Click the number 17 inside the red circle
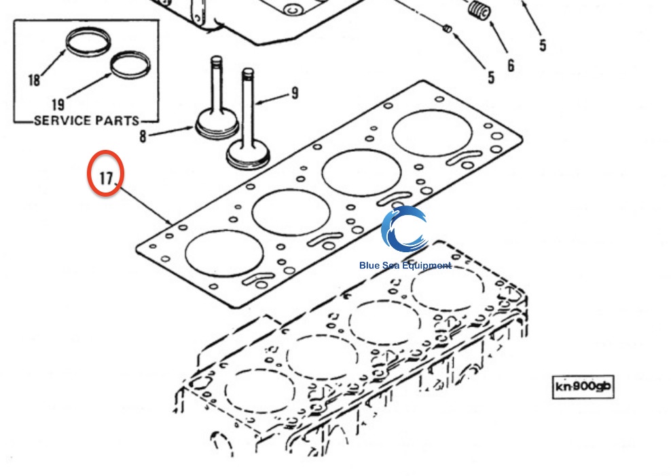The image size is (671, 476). (106, 178)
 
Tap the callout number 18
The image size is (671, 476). (34, 80)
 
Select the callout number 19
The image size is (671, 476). (58, 104)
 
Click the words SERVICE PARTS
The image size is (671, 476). (86, 121)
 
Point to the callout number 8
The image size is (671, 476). (143, 136)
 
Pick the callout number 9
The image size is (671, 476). (294, 93)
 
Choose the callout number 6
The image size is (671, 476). (511, 66)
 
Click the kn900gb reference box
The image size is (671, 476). (583, 386)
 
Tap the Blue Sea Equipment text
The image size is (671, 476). (405, 265)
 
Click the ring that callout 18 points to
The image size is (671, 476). (88, 41)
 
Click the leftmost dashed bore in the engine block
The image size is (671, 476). (259, 393)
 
